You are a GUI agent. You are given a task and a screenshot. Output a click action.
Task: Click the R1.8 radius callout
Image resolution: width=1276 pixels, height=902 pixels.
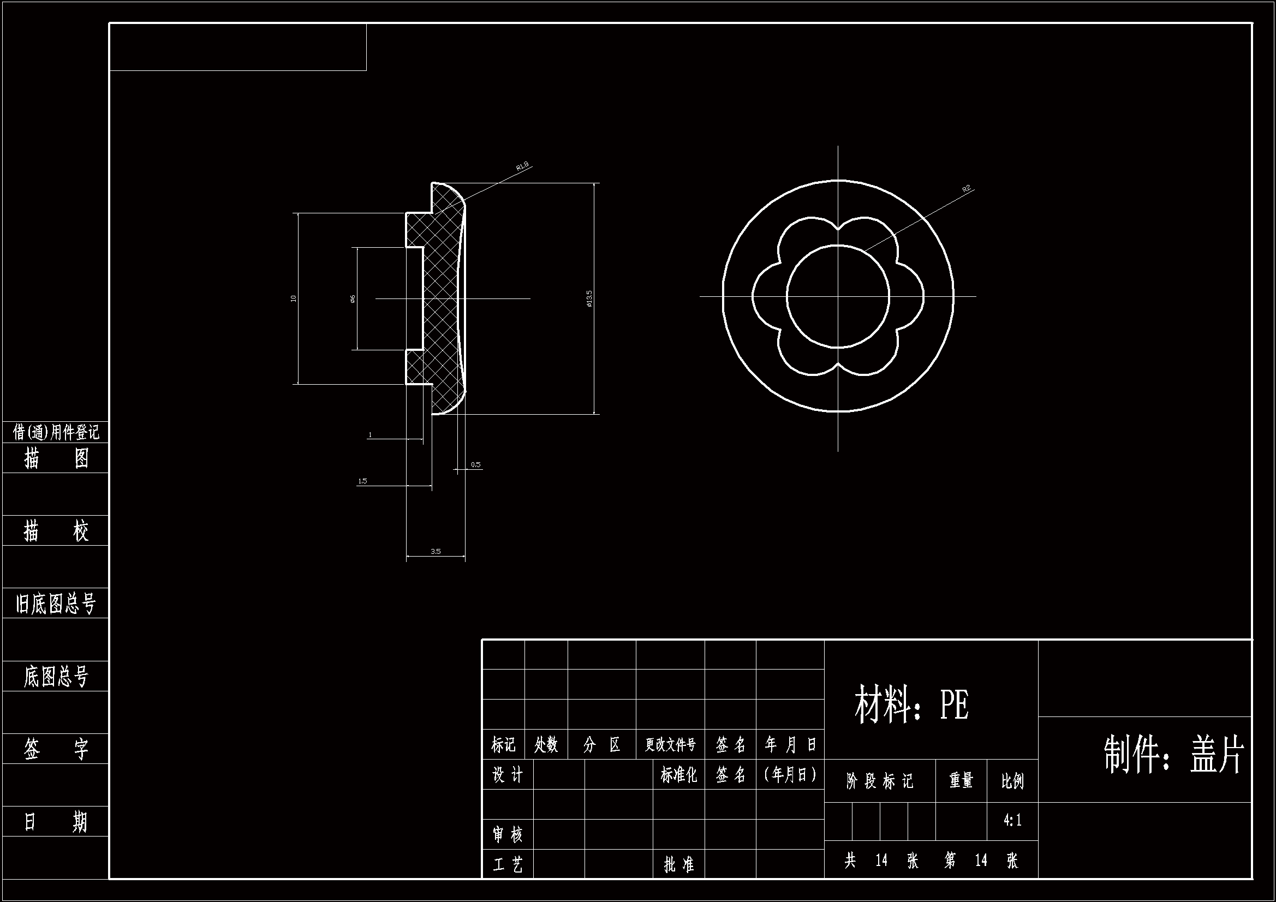tap(522, 166)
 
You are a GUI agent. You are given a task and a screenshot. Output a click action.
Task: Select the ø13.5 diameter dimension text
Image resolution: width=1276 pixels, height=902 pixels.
tap(589, 298)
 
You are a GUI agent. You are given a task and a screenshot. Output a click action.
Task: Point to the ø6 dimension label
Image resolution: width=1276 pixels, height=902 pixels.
tap(353, 299)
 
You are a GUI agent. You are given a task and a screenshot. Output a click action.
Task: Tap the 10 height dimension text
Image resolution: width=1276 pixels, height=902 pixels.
tap(294, 298)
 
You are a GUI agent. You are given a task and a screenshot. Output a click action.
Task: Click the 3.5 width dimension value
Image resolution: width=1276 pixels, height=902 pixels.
tap(435, 551)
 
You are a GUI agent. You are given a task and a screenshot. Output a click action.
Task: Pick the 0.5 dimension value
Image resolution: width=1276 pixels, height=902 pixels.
tap(476, 464)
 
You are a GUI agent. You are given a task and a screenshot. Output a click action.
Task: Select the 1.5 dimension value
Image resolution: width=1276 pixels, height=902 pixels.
tap(362, 481)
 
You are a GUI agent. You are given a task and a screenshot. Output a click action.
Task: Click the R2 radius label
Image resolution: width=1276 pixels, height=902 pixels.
tap(967, 189)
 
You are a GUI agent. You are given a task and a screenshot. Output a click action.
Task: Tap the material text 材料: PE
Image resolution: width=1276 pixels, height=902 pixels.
tap(911, 704)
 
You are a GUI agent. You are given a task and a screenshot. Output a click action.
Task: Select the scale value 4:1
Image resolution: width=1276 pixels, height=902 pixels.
tap(1012, 820)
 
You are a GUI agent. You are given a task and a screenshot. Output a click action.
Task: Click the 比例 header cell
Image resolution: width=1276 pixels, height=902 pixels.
tap(1012, 781)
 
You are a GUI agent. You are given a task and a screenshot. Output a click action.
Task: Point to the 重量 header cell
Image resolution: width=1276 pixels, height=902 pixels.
tap(961, 781)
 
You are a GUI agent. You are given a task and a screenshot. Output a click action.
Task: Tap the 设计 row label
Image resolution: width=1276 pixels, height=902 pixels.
tap(508, 775)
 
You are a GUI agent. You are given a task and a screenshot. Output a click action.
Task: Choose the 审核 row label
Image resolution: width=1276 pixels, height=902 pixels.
tap(508, 834)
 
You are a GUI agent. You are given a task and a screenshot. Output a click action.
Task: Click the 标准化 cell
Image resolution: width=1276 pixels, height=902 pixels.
tap(678, 775)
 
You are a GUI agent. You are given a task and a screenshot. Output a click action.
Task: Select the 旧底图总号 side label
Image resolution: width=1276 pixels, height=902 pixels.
tap(56, 604)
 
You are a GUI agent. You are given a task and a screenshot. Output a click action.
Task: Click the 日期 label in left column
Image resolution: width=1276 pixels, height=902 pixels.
tap(56, 821)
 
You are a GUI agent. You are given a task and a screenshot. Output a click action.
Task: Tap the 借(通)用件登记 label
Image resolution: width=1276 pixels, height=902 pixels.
tap(56, 432)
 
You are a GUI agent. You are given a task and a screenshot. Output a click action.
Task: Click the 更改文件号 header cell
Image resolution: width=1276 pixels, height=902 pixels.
tap(670, 745)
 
